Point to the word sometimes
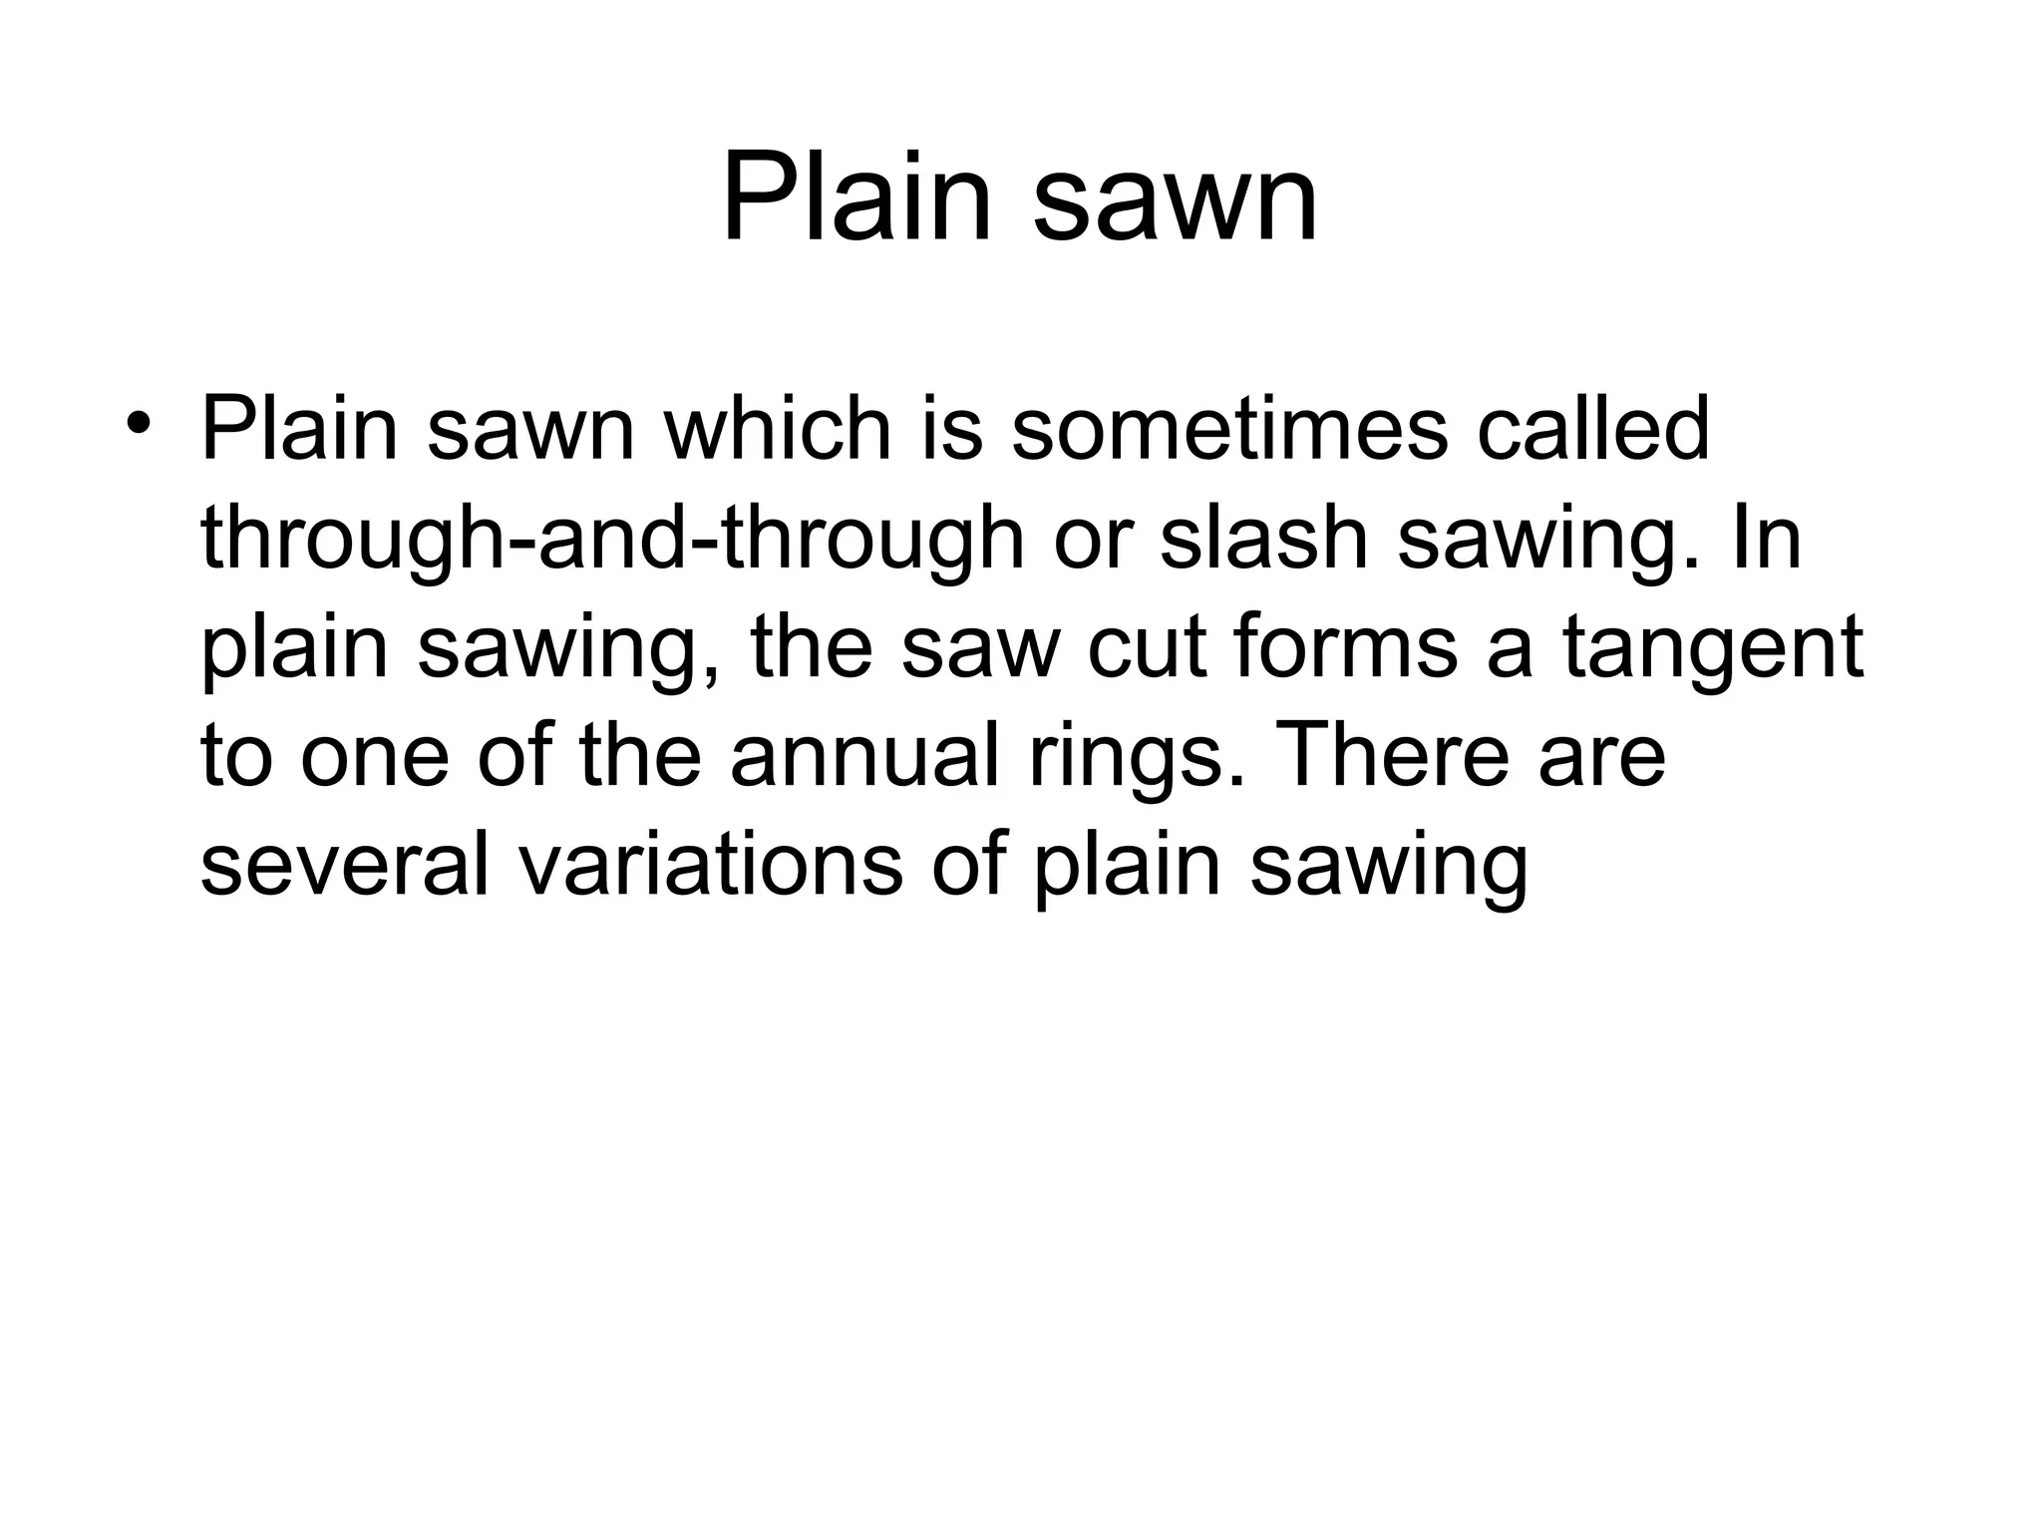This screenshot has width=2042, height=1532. [x=1228, y=431]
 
